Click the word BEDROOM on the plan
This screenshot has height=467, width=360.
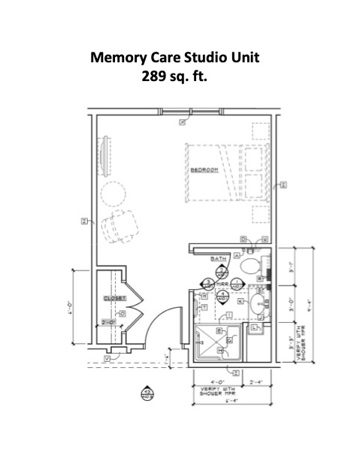pos(204,170)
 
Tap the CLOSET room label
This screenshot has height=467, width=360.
pos(113,299)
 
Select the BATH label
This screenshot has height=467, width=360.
pos(218,258)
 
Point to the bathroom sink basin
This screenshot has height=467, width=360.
pos(257,304)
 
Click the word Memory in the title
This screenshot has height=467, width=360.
pos(119,57)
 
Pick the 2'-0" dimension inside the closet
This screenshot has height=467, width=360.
pos(109,322)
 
